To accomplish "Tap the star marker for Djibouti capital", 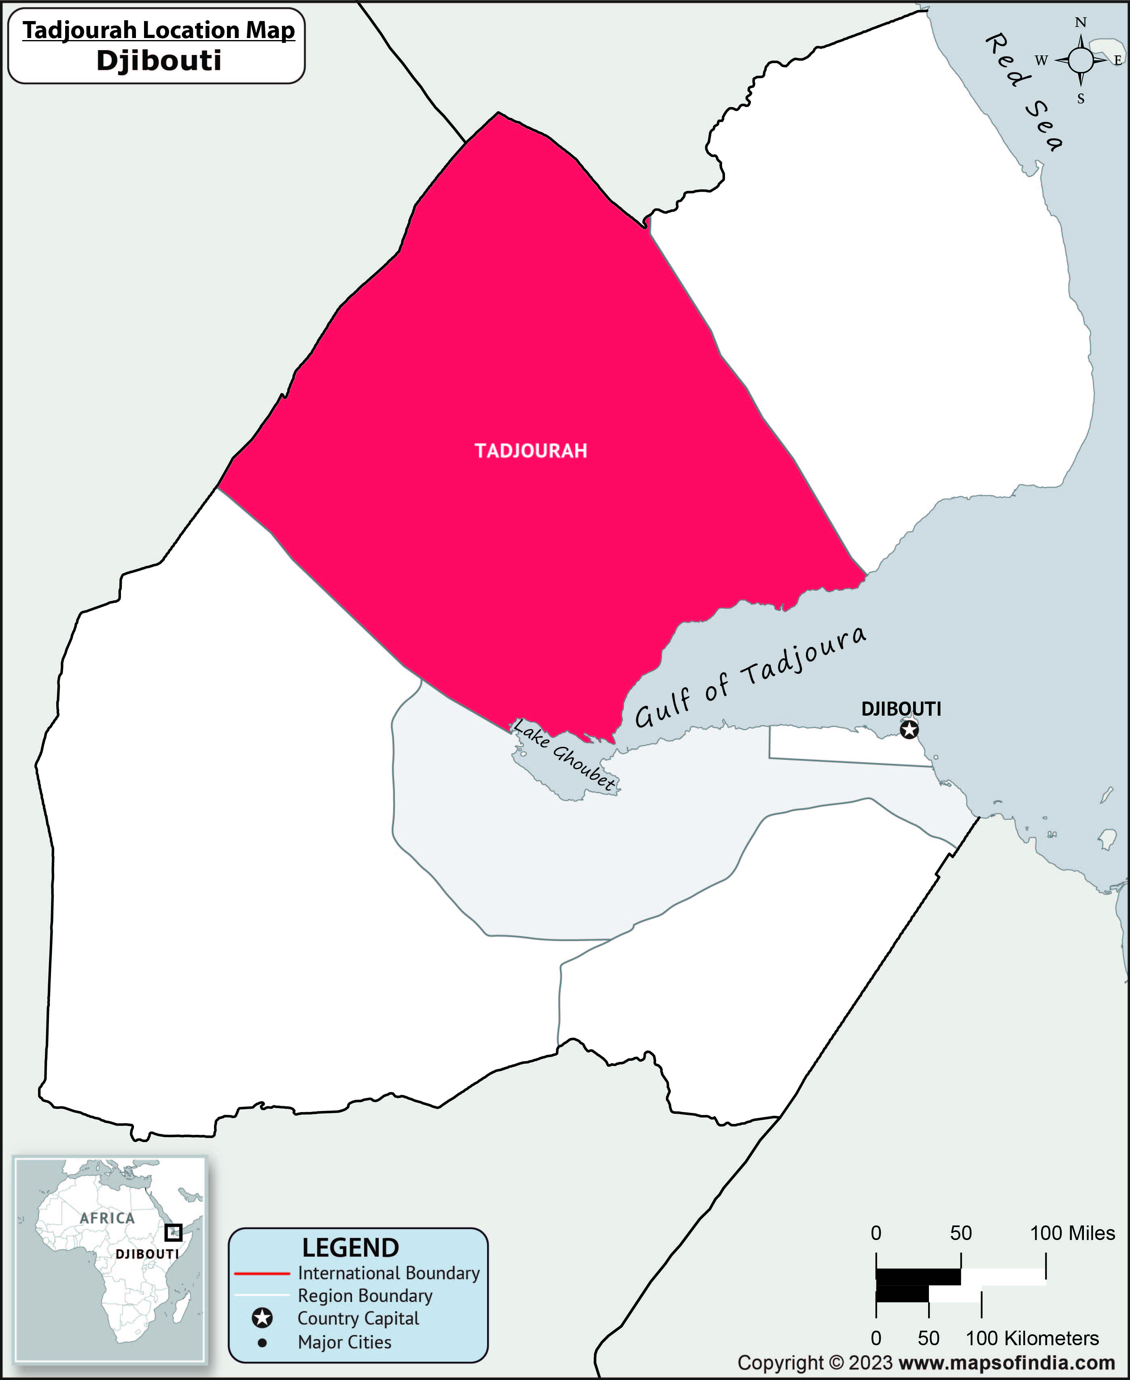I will coord(910,730).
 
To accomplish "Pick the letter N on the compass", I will coord(1081,23).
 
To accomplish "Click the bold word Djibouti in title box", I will coord(159,61).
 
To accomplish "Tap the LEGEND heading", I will coord(350,1247).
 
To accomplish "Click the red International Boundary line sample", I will coord(262,1273).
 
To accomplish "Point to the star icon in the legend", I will coord(262,1319).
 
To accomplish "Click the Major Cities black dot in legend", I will coord(262,1342).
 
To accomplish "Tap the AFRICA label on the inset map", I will coord(107,1218).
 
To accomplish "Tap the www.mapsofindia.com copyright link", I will coord(1006,1363).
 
